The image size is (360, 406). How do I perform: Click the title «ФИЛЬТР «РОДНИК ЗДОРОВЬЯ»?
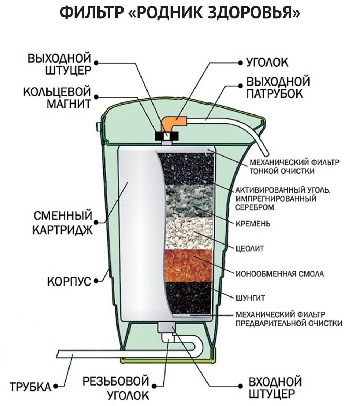pos(180,14)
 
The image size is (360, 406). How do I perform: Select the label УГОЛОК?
pos(267,63)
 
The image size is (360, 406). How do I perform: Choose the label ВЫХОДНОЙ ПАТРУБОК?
pos(278,87)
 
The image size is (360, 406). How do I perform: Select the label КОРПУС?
pos(69,282)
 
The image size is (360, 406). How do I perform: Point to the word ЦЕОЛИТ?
pos(250,249)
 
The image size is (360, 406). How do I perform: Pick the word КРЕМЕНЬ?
pos(253,223)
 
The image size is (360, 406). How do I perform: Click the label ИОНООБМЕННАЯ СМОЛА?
pos(279,273)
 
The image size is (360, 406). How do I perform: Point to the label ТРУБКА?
pos(30,387)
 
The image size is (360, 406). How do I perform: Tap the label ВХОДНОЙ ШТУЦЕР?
pos(275,388)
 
